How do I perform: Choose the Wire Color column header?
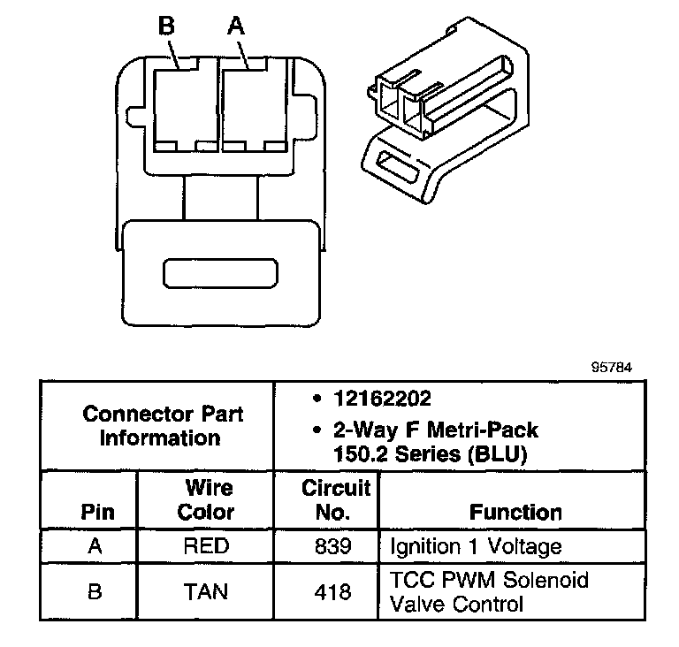[x=207, y=499]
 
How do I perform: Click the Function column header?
[x=515, y=513]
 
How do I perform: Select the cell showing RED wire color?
[x=206, y=547]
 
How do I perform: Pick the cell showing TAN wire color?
[x=206, y=590]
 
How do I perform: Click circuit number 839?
[x=333, y=547]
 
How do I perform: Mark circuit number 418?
[x=333, y=590]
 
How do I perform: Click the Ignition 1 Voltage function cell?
[x=476, y=547]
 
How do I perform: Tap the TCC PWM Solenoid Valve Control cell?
[x=489, y=591]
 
